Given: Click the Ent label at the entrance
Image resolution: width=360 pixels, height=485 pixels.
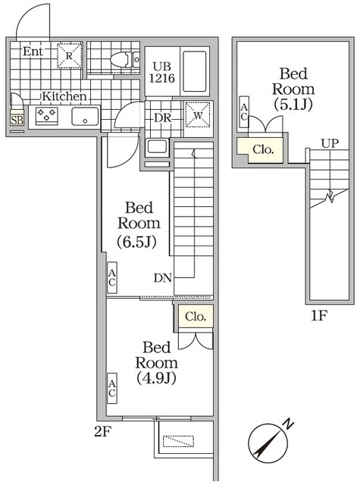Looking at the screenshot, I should [32, 52].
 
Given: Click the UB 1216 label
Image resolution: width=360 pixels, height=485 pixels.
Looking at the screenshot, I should [162, 72].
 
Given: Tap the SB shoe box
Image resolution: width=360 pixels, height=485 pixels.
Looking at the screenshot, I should [16, 120].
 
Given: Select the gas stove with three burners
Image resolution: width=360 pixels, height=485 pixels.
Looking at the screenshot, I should [48, 116].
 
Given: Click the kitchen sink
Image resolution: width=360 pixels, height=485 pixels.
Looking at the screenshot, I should [85, 117].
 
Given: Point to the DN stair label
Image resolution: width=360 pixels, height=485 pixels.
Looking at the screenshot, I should [162, 277].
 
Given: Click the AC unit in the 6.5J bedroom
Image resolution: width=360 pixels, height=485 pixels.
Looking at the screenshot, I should [111, 278].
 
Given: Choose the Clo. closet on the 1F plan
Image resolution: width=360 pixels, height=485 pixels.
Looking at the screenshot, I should [262, 149].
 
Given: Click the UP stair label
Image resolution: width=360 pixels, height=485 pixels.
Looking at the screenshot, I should [328, 142].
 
